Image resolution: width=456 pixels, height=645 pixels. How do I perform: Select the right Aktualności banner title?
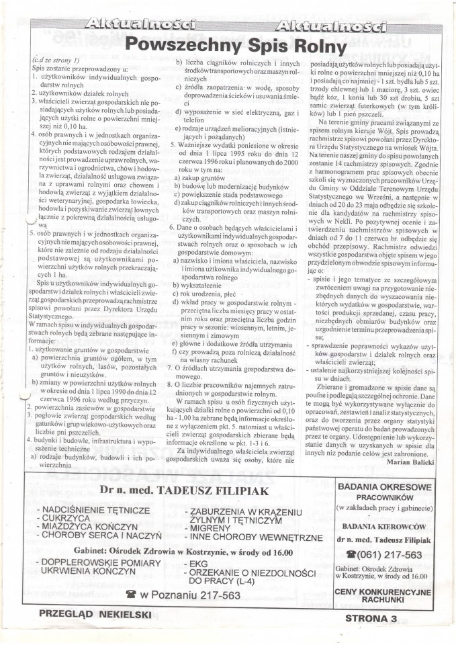330,26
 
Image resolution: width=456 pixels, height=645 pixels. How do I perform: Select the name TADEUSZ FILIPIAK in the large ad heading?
202,489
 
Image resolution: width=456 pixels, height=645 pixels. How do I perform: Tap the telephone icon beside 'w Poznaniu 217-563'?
130,595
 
